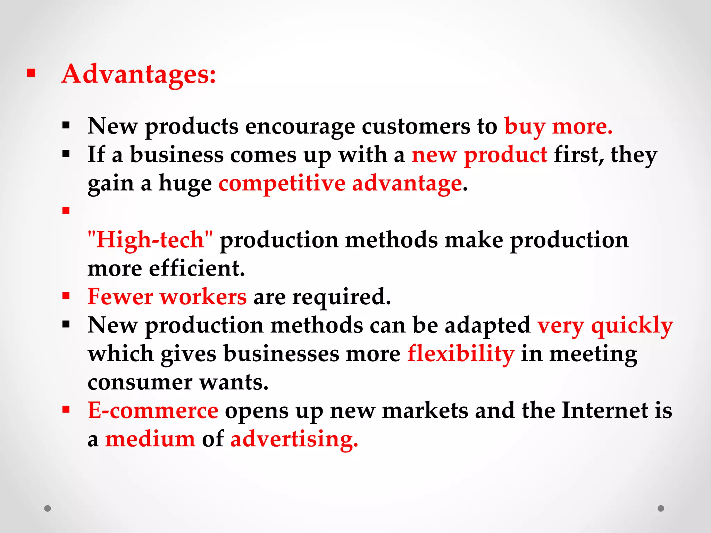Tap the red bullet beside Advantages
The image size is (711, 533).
click(x=31, y=73)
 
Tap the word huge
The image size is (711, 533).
click(x=185, y=184)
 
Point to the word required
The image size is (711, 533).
click(x=342, y=297)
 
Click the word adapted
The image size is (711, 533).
click(x=487, y=326)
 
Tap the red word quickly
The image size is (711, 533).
click(x=632, y=326)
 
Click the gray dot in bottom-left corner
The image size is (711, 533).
click(x=48, y=508)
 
